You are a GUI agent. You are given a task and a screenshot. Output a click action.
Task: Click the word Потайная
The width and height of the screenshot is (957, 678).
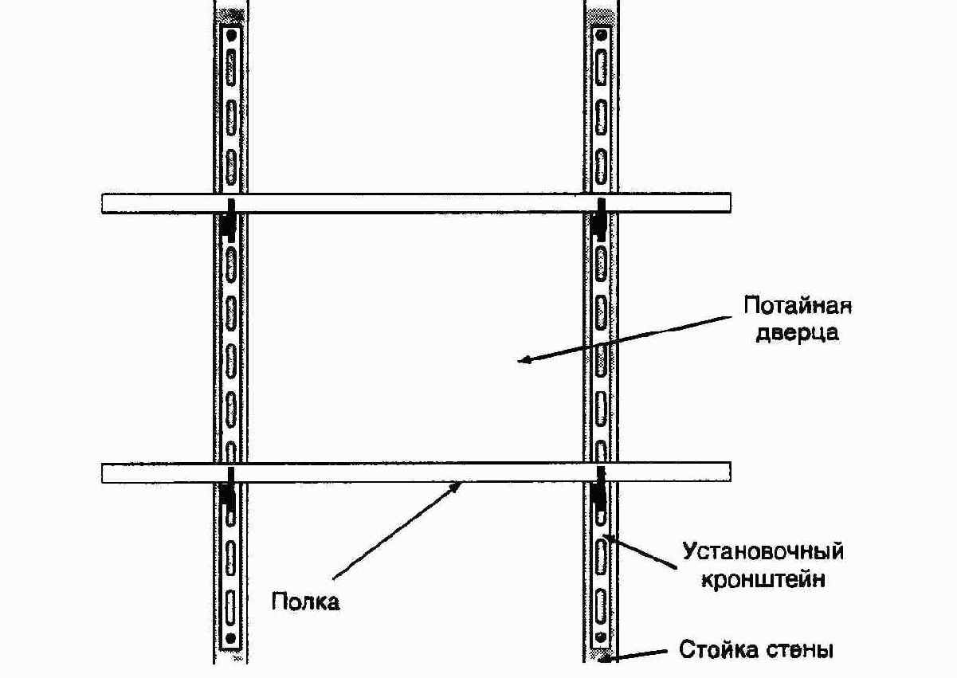coord(798,307)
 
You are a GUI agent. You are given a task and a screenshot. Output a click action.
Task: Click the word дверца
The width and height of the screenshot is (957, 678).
coord(797,333)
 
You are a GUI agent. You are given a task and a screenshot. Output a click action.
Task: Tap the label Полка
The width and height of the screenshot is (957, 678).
coord(306,602)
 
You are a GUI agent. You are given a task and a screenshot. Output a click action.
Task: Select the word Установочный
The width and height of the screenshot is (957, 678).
coord(763,551)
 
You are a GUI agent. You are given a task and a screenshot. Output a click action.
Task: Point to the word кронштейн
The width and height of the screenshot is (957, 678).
coord(763,579)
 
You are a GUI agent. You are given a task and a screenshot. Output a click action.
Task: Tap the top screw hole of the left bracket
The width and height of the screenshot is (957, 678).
coord(231,35)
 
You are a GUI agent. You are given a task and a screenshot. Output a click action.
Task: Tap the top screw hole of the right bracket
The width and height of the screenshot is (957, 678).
coord(602,35)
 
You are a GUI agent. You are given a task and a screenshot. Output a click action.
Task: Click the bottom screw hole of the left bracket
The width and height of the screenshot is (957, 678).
coord(231,638)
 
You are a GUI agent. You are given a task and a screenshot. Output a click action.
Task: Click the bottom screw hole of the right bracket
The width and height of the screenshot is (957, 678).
coord(601,637)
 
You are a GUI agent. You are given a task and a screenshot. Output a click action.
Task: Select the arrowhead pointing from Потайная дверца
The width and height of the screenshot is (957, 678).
coord(524,360)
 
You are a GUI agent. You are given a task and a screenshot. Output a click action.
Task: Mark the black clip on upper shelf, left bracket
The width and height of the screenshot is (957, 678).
coord(229,219)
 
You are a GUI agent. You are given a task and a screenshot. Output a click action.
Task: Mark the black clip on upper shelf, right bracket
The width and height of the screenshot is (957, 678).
coord(600,219)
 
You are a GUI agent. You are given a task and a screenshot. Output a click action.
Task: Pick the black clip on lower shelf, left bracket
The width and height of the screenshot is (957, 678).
coord(229,489)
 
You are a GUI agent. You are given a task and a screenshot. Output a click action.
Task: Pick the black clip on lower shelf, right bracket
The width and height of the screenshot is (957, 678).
coord(600,489)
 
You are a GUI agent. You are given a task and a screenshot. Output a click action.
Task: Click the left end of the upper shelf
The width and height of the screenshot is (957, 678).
coord(103,203)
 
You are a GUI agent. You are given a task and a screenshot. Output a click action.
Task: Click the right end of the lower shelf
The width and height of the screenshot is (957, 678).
coord(730,472)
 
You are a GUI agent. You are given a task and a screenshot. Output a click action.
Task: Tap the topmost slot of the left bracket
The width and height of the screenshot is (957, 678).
coord(231,68)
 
